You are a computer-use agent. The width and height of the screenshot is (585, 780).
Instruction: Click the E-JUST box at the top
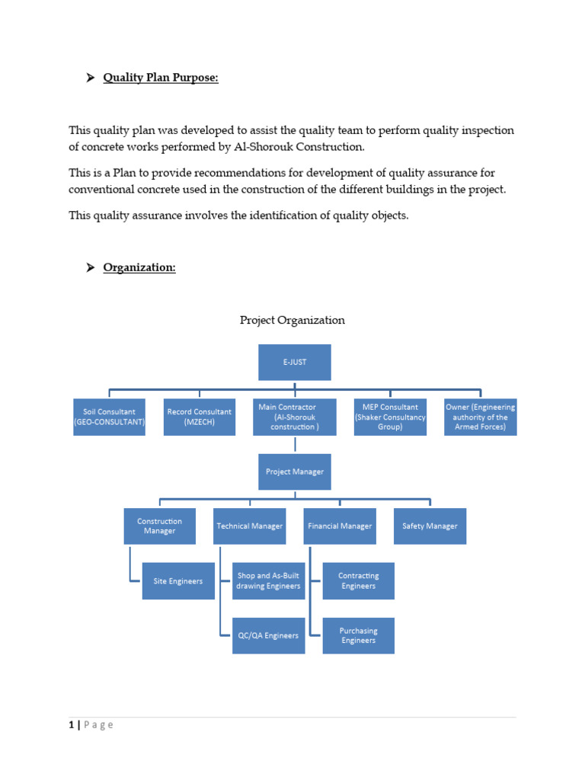point(295,362)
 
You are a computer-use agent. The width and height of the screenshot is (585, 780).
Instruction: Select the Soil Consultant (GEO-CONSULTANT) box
point(109,417)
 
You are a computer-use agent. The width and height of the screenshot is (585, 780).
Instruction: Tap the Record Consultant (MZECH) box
point(200,417)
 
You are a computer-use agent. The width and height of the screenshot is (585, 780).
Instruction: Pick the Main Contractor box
point(295,417)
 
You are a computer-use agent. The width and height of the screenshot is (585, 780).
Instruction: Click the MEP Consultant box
point(390,417)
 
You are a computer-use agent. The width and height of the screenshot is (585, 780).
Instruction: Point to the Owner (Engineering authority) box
point(481,417)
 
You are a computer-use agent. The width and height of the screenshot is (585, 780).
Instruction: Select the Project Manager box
point(295,472)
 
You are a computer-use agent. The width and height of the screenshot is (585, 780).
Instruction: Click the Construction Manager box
point(160,526)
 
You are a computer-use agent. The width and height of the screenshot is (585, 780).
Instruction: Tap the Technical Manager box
point(250,526)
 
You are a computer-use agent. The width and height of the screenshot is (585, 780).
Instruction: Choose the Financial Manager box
point(340,526)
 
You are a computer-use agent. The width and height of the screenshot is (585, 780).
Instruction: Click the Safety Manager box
point(430,526)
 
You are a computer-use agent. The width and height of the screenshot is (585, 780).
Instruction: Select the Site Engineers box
point(178,581)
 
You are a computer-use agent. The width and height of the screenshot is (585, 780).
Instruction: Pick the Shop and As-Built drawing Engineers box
point(268,581)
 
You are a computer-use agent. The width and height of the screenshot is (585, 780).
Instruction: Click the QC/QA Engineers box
point(268,635)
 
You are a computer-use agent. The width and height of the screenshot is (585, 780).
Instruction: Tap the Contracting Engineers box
point(358,581)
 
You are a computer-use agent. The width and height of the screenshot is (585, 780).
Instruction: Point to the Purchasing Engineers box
point(358,635)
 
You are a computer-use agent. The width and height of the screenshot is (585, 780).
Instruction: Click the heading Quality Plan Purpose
point(161,78)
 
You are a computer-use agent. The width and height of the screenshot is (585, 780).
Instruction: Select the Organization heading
point(139,267)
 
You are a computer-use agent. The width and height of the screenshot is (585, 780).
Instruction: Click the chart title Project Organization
point(292,320)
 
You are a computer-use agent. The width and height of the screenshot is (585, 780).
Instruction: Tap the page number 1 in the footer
point(71,725)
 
